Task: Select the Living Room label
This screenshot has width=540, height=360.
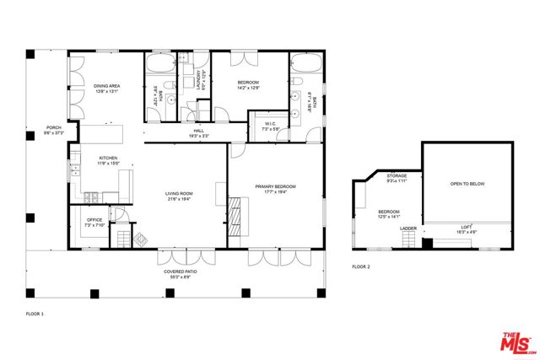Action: (x=179, y=196)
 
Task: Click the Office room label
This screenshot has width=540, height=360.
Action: (x=93, y=223)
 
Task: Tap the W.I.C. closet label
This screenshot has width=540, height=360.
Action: (x=271, y=127)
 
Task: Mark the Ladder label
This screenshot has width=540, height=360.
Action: (x=408, y=228)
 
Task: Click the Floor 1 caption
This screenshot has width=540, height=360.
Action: (x=35, y=313)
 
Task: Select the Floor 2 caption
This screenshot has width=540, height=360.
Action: (x=361, y=266)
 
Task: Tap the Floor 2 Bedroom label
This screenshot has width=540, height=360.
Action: (x=388, y=214)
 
